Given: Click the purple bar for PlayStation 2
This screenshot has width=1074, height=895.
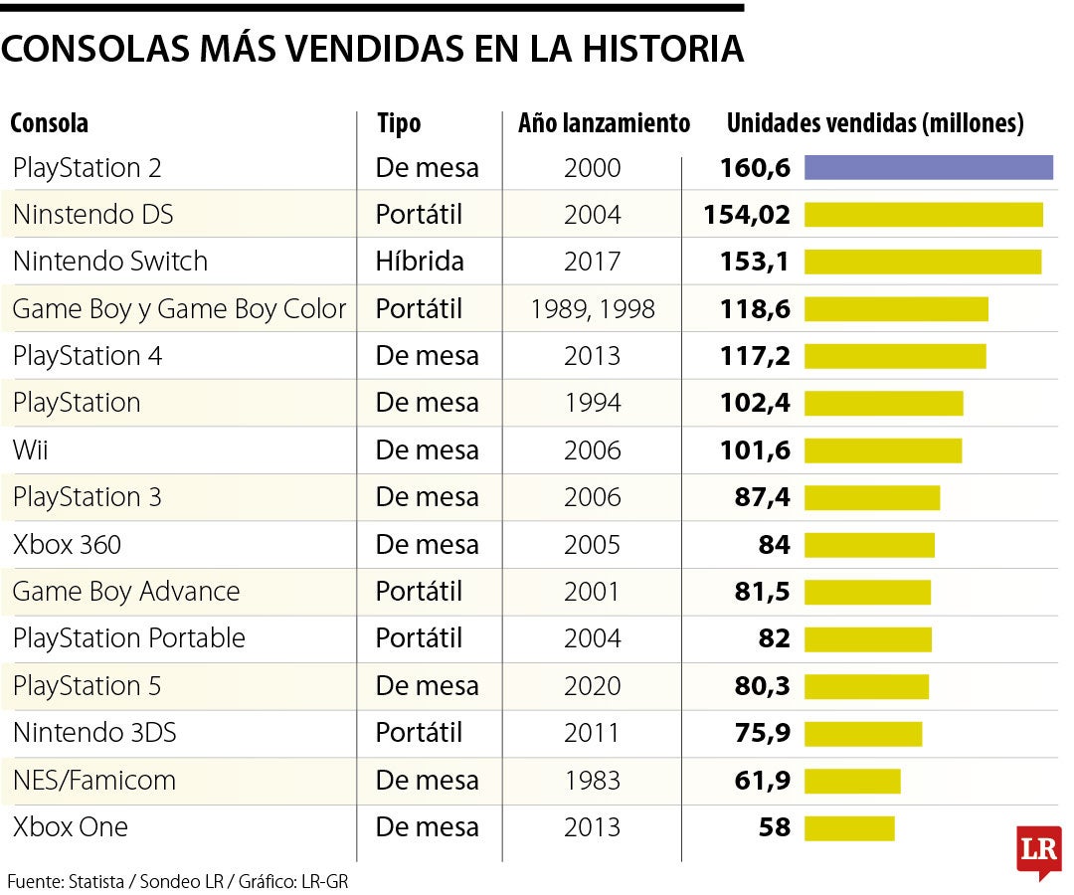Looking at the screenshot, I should point(928,168).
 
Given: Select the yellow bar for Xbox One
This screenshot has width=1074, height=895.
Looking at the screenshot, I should point(849,828).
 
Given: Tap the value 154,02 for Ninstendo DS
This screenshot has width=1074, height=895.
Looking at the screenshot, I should point(746,215).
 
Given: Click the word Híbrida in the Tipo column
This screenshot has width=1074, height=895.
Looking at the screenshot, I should point(419,262).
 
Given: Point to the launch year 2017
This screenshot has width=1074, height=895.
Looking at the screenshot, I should point(592,262).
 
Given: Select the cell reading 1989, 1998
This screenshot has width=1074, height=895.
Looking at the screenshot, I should point(592,309).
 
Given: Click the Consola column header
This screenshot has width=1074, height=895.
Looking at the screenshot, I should point(49,123).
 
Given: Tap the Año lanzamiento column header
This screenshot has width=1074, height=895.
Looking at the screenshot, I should point(604,123).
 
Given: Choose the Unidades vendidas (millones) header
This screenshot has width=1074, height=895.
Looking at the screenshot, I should point(875,123).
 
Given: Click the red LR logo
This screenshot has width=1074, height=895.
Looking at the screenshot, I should point(1038,850).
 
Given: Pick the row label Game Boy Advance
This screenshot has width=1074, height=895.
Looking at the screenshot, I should point(126,592).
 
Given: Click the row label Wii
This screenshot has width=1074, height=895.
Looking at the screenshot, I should point(30,450).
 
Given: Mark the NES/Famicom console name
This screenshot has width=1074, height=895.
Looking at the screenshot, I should point(93,781).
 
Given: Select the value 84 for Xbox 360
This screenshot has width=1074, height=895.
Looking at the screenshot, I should point(774,545).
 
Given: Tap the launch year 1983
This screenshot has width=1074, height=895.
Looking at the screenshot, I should point(592,781).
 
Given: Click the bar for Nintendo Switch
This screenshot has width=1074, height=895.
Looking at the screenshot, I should point(922,262).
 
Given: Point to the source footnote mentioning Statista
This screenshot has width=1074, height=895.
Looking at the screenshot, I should point(178,881).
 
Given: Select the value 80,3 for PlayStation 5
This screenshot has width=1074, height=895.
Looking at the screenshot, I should point(762,686).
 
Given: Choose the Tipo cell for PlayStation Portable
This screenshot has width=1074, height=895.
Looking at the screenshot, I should point(419,638).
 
